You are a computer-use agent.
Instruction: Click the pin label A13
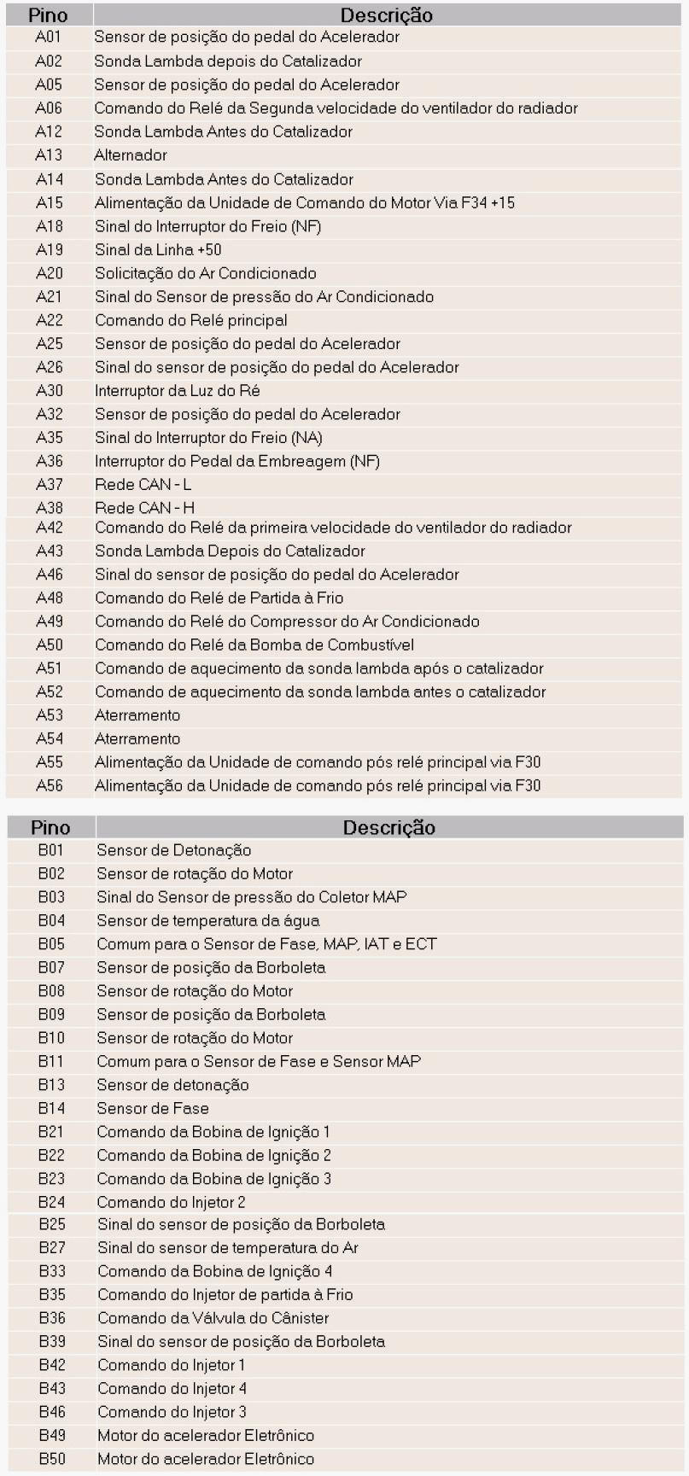[x=49, y=155]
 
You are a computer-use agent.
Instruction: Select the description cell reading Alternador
[x=131, y=155]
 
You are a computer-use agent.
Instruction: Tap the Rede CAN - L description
[x=143, y=485]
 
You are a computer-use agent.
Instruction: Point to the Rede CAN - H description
[x=144, y=508]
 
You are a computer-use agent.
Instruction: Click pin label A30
[x=50, y=391]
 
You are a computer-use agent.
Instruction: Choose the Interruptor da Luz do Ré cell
[x=178, y=391]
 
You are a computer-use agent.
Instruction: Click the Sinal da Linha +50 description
[x=158, y=250]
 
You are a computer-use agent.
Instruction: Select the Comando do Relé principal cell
[x=191, y=320]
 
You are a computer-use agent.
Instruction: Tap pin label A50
[x=50, y=645]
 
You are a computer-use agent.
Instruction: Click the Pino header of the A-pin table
[x=48, y=15]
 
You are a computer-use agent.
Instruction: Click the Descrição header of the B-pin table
[x=388, y=827]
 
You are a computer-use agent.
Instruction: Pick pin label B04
[x=51, y=920]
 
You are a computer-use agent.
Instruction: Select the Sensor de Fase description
[x=153, y=1108]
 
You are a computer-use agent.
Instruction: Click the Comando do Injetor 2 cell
[x=171, y=1202]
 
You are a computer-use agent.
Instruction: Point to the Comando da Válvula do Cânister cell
[x=213, y=1318]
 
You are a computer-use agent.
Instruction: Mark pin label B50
[x=52, y=1459]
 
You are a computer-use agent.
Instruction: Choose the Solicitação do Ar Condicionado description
[x=206, y=274]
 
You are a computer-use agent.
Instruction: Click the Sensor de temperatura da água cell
[x=208, y=920]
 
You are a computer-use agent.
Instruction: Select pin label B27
[x=52, y=1248]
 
